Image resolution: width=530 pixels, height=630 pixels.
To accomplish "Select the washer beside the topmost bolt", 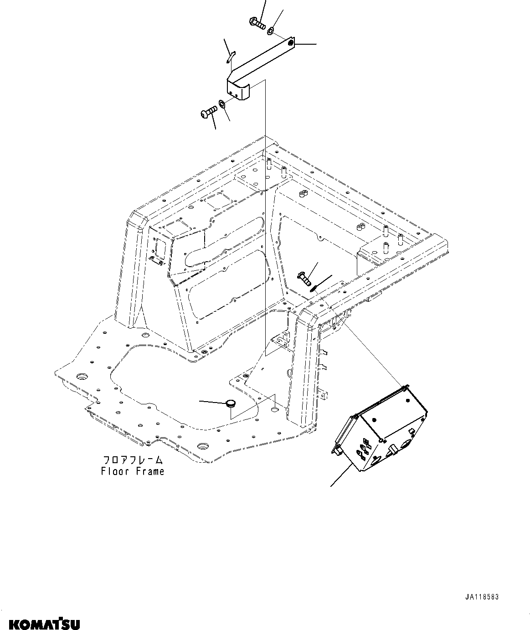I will click(x=270, y=31).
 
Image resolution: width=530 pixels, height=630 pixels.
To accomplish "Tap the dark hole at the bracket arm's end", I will click(x=291, y=43).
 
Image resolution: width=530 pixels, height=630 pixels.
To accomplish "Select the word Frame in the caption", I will click(x=149, y=471).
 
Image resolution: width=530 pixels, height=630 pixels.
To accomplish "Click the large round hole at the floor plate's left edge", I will click(x=82, y=377).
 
